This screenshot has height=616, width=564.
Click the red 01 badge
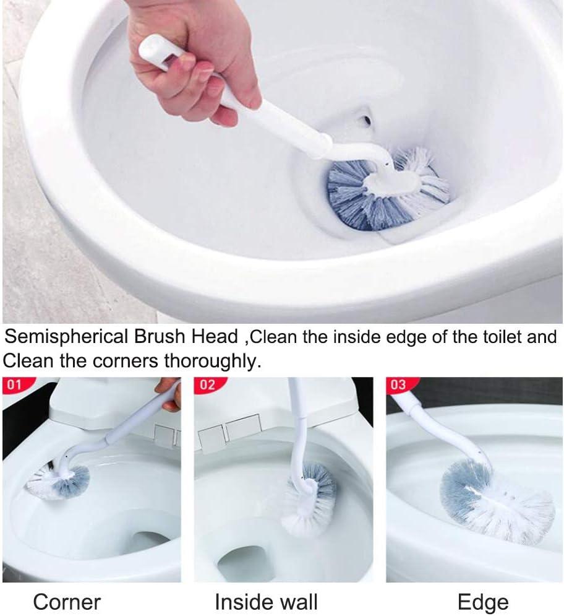click(14, 385)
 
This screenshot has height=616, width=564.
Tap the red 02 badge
click(207, 385)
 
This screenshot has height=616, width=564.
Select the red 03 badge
click(398, 385)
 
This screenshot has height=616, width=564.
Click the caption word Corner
click(66, 601)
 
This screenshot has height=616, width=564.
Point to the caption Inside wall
click(266, 601)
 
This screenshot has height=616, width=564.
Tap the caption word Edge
click(483, 601)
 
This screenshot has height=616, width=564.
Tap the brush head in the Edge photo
click(495, 501)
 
